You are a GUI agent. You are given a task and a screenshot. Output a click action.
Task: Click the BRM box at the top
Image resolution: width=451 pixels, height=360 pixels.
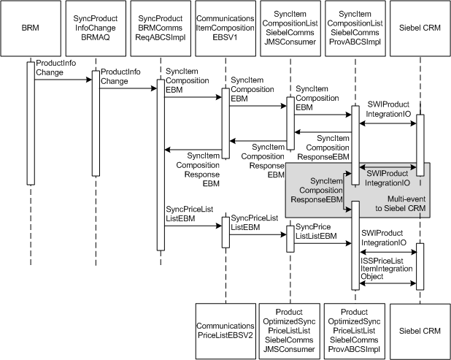click(31, 30)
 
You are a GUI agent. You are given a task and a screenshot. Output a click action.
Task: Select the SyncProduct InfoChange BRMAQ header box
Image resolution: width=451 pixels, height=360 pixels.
click(95, 30)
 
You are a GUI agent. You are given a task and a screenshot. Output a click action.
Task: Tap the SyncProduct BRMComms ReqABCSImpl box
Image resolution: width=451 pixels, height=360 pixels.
click(160, 30)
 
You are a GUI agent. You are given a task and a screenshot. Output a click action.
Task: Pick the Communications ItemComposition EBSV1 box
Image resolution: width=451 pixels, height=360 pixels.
click(225, 30)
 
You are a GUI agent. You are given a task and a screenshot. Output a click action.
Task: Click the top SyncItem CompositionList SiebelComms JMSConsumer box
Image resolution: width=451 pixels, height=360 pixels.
click(290, 30)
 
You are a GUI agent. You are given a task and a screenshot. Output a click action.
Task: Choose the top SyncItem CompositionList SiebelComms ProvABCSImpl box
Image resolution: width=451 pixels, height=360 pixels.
click(355, 30)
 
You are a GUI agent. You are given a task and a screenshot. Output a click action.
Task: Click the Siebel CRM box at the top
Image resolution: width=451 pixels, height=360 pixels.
click(420, 30)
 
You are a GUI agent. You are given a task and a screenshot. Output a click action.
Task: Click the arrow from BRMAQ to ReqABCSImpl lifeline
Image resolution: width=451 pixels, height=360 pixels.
click(127, 88)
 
